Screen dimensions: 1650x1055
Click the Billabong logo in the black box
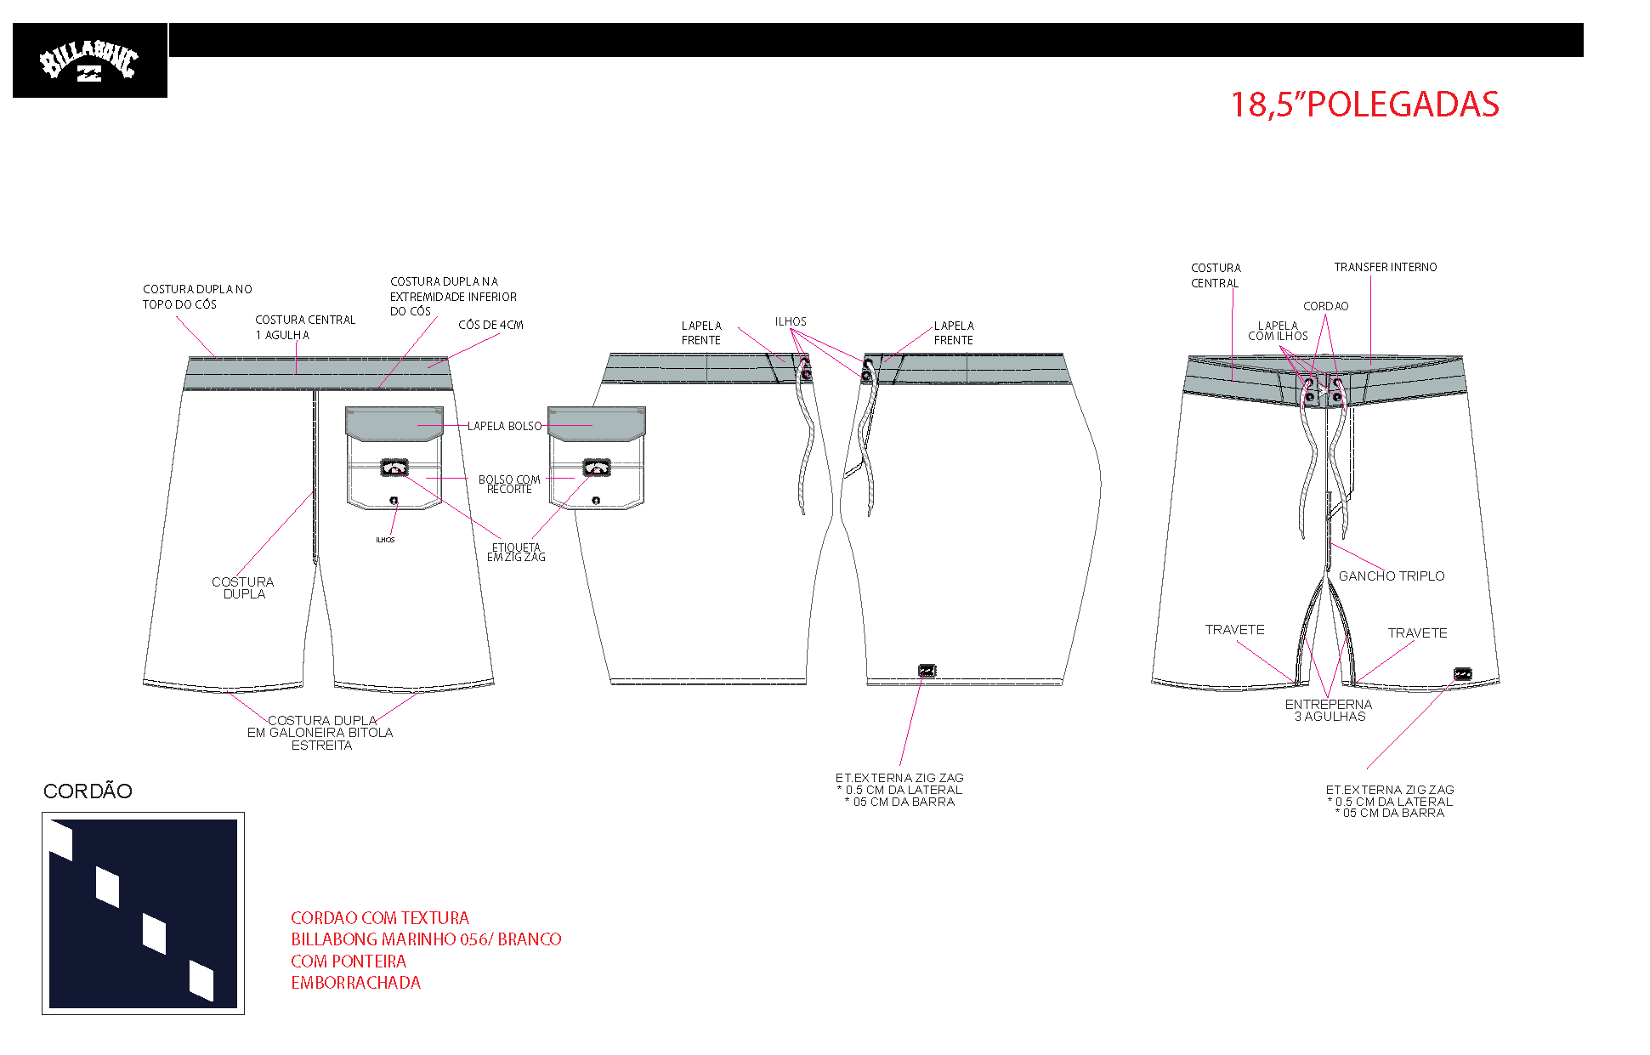coord(88,62)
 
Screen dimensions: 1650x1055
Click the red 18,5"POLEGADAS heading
coord(1364,105)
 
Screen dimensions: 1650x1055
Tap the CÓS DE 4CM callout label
coord(490,325)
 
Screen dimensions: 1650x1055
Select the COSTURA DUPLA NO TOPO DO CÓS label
coord(197,297)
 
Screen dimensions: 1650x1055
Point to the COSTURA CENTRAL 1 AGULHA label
coord(305,327)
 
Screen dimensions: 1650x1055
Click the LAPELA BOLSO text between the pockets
coord(504,426)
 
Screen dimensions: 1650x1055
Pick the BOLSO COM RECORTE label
coord(509,484)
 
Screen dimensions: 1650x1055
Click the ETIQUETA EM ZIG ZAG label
coord(516,553)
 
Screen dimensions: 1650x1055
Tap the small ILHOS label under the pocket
coord(385,540)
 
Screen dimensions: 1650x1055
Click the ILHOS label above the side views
coord(791,321)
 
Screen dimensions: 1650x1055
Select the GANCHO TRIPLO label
coord(1392,576)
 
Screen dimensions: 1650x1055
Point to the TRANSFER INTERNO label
coord(1386,267)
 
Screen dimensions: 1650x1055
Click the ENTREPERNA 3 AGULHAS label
coord(1329,711)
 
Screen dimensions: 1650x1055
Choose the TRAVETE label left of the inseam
coord(1234,630)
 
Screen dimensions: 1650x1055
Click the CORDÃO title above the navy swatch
coord(88,791)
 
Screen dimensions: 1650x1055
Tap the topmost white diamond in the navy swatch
coord(61,839)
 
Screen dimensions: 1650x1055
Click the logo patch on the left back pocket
coord(394,467)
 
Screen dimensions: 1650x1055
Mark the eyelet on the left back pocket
coord(394,500)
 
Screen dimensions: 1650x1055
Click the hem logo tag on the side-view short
coord(927,671)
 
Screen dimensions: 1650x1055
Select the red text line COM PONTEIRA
coord(349,961)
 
